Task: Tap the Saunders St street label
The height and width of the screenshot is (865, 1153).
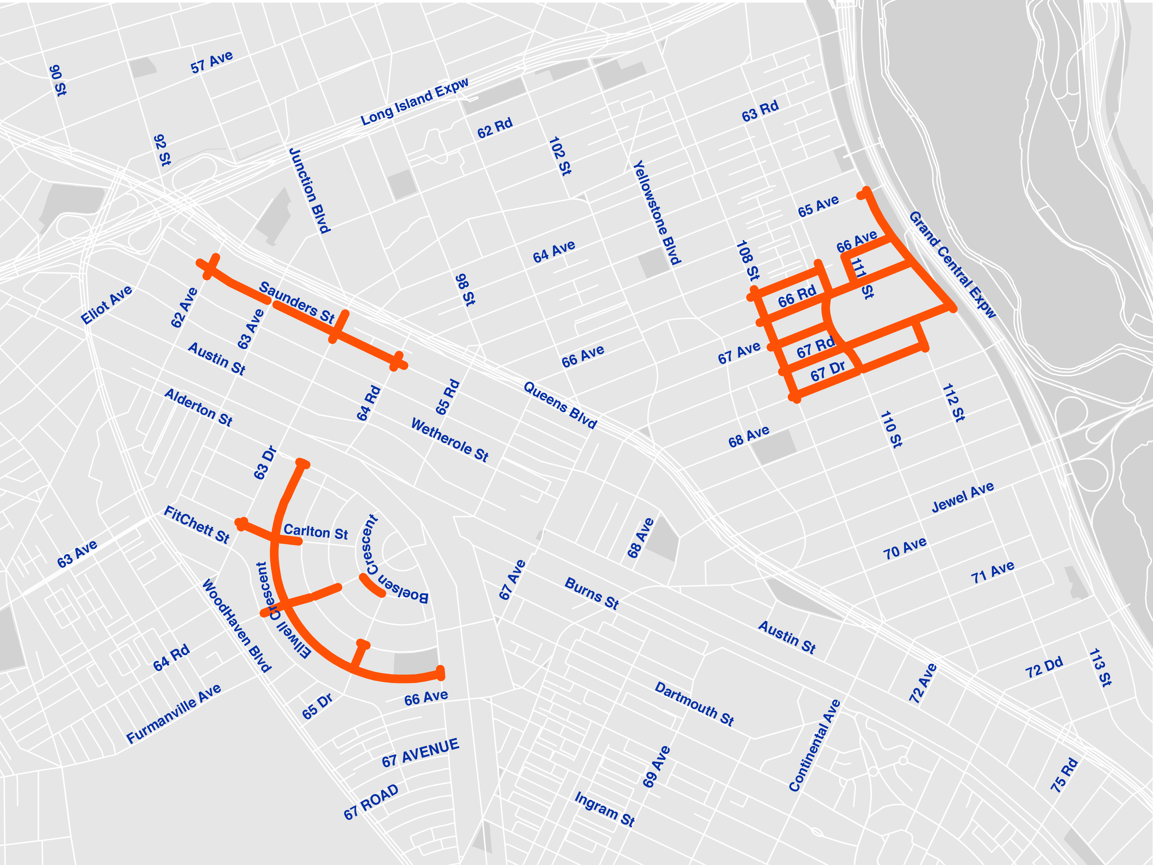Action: (297, 302)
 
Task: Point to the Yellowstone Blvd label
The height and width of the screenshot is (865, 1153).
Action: (657, 213)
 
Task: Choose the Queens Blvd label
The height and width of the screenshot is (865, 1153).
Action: (560, 405)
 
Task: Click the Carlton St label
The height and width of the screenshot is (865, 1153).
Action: (315, 532)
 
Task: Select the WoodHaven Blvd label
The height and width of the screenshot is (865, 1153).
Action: (237, 625)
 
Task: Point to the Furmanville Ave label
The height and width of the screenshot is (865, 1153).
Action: (174, 713)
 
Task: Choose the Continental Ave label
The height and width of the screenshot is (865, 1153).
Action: (814, 746)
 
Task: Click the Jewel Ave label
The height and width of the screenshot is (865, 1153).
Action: (963, 497)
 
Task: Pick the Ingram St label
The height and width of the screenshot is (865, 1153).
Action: (605, 809)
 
